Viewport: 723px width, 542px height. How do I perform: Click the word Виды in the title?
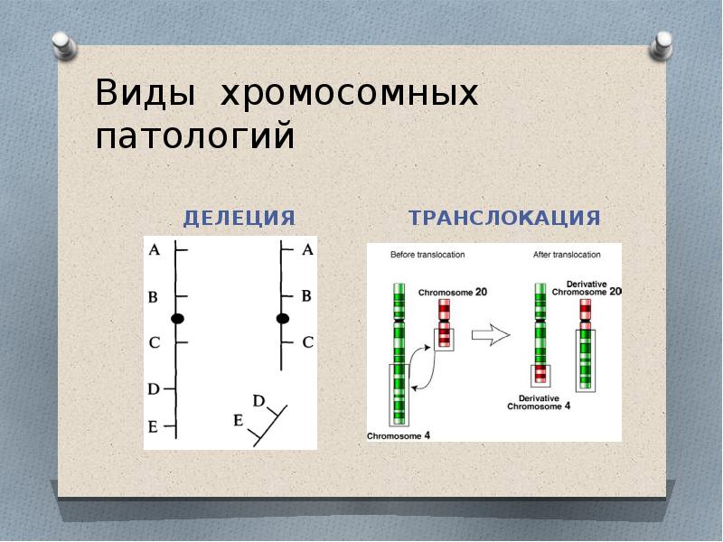[146, 94]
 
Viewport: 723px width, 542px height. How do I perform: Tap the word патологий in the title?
[195, 137]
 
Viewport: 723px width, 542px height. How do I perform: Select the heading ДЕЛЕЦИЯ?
[239, 218]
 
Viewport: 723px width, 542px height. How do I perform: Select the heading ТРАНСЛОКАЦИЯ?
[504, 218]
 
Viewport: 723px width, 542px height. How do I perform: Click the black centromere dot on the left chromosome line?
[177, 318]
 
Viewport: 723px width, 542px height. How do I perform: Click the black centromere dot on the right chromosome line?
[282, 318]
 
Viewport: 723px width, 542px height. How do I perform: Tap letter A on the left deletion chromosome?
[154, 249]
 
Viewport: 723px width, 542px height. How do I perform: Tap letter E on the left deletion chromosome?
[153, 426]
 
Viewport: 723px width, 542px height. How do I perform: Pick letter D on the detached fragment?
[258, 400]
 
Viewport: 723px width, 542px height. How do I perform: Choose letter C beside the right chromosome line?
[307, 342]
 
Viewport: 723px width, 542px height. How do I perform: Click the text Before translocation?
[427, 255]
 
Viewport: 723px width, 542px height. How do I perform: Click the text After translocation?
[567, 255]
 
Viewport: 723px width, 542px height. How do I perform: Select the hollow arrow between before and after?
[492, 335]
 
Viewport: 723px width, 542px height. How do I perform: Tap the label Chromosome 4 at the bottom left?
[399, 435]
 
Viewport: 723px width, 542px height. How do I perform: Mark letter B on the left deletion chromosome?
[153, 296]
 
